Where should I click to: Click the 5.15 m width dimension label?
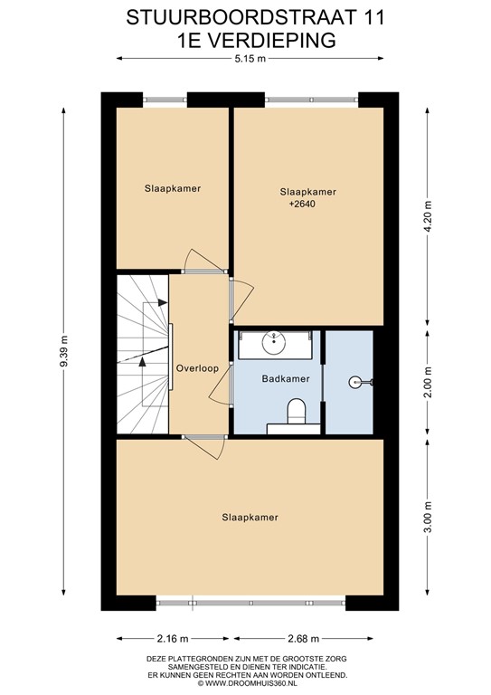coord(250,59)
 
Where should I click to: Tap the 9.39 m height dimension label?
coord(64,351)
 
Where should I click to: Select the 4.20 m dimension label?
coord(428,216)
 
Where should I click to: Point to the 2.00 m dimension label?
coord(428,383)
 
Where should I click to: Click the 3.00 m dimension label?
coord(428,519)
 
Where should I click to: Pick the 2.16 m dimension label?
coord(173,639)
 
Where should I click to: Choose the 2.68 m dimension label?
coord(303,639)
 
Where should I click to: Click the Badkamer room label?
coord(286,379)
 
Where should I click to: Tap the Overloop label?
coord(197,368)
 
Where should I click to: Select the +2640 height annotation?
coord(302,205)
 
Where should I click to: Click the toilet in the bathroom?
coord(297,412)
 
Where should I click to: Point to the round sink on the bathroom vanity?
coord(274,342)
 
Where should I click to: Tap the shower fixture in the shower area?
coord(360,382)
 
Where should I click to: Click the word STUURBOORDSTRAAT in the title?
coord(241,18)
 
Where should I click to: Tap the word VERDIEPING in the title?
coord(271,41)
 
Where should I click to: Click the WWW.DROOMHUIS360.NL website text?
coord(250,683)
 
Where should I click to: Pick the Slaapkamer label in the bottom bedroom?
coord(250,518)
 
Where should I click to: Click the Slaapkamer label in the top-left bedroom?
coord(173,188)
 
